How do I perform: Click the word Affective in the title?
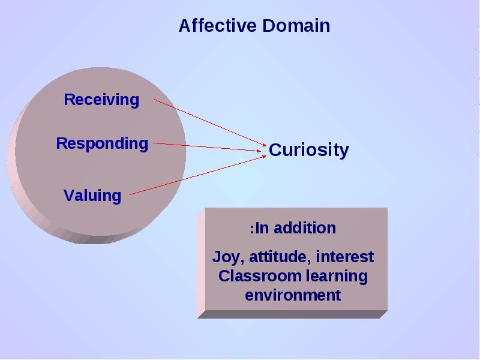point(218,25)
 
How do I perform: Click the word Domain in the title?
point(296,25)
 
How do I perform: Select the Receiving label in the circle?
point(101,100)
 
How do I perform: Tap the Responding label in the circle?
point(102,143)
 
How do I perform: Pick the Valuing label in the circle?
point(92,196)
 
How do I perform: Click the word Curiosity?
point(309,150)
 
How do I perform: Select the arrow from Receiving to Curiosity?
point(211,122)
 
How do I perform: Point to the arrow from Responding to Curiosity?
point(207,147)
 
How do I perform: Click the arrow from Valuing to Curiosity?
point(198,175)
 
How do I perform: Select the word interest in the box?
point(344,257)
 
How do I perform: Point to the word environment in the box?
point(293,295)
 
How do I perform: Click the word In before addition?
point(262,228)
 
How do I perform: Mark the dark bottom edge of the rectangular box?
point(292,314)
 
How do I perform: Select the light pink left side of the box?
point(201,263)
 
